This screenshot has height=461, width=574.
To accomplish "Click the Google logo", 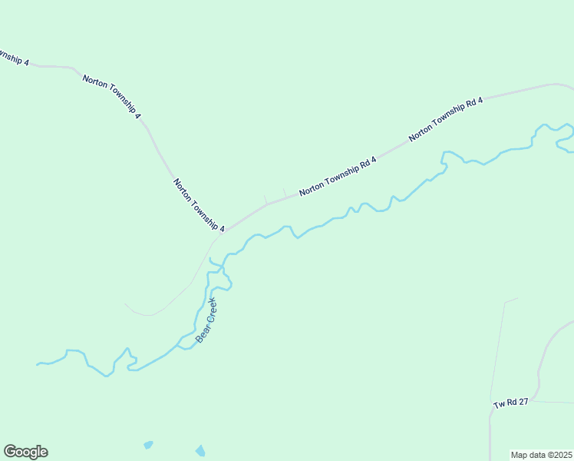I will (25, 452).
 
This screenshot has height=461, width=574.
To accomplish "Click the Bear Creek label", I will (206, 320).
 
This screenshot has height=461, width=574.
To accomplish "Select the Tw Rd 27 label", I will (510, 403).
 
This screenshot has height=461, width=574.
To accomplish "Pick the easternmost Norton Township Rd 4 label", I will (446, 118).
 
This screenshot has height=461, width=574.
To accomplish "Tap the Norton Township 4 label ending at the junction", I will (199, 205).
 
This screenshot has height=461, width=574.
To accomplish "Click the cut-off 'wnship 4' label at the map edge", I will (14, 58).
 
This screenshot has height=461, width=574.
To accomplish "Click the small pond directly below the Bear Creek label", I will (201, 450).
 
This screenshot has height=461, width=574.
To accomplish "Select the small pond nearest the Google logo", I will (147, 445).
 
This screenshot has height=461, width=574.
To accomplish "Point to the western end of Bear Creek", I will (38, 363).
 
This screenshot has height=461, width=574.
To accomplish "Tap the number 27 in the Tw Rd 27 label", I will (523, 402).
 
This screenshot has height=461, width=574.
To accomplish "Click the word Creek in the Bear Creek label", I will (210, 311).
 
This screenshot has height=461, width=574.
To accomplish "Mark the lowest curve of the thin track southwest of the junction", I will (150, 315).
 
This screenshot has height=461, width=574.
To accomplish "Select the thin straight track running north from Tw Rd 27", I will (497, 353).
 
